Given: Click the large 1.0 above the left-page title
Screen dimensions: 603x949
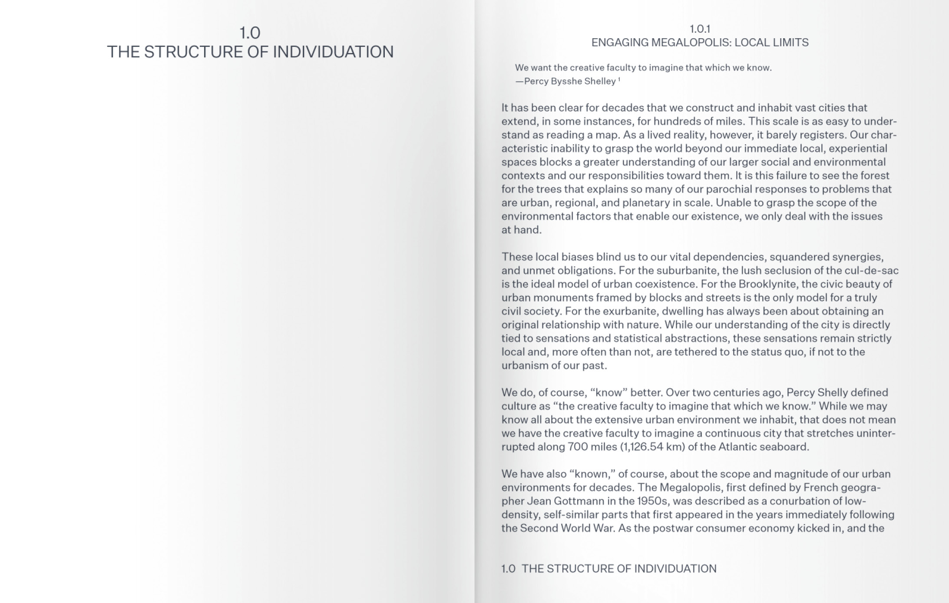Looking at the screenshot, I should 250,33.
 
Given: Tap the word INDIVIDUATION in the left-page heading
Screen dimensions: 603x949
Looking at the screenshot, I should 333,52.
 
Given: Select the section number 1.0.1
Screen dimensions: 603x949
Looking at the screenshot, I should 700,29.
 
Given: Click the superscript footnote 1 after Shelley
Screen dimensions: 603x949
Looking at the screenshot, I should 619,80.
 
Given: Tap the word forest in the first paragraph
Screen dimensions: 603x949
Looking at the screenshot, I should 874,176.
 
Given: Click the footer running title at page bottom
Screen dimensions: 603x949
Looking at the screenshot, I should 609,569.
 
